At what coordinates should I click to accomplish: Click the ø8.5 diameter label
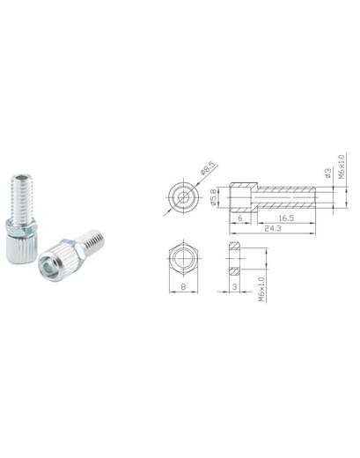(x=208, y=168)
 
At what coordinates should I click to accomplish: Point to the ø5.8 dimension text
(x=213, y=197)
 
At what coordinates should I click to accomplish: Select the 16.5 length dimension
(x=286, y=218)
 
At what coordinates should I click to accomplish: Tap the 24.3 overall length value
(x=273, y=228)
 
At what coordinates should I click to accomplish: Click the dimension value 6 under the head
(x=240, y=218)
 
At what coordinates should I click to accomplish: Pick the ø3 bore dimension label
(x=328, y=173)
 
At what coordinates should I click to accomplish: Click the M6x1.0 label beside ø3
(x=342, y=166)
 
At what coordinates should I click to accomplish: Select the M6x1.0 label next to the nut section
(x=261, y=289)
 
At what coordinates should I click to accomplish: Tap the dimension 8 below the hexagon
(x=183, y=286)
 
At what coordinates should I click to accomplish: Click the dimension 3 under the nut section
(x=234, y=286)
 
